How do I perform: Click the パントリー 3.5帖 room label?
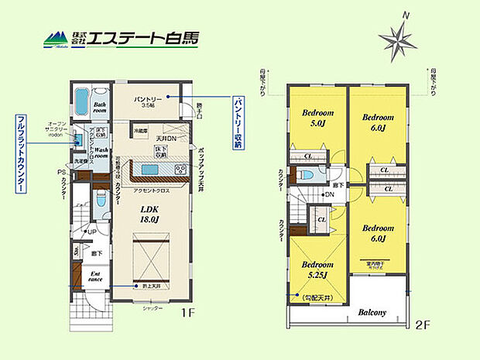coord(148,101)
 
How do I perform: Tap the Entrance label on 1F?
coord(94,276)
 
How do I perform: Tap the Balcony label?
coord(372,313)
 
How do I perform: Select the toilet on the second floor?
coord(307,176)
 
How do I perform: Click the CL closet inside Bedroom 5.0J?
coord(308,156)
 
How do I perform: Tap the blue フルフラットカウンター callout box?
coord(22,150)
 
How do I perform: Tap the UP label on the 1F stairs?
coord(92,231)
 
